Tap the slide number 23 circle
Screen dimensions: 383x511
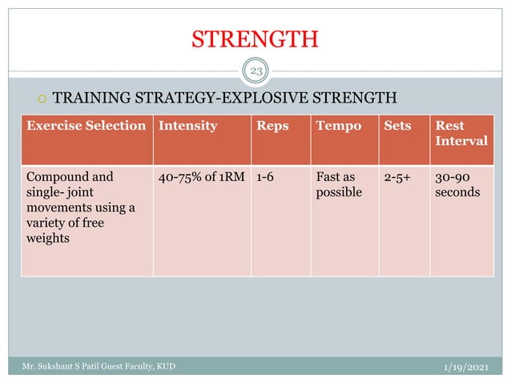(256, 73)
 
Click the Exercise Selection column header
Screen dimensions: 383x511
(87, 126)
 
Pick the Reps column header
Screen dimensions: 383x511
(272, 126)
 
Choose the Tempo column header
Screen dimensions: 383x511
(338, 126)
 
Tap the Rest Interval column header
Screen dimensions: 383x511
(461, 133)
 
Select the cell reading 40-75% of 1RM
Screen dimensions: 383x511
(202, 177)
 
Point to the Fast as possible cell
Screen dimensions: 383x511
(339, 185)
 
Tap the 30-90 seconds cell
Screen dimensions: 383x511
(455, 185)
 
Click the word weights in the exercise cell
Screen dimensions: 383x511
(46, 238)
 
